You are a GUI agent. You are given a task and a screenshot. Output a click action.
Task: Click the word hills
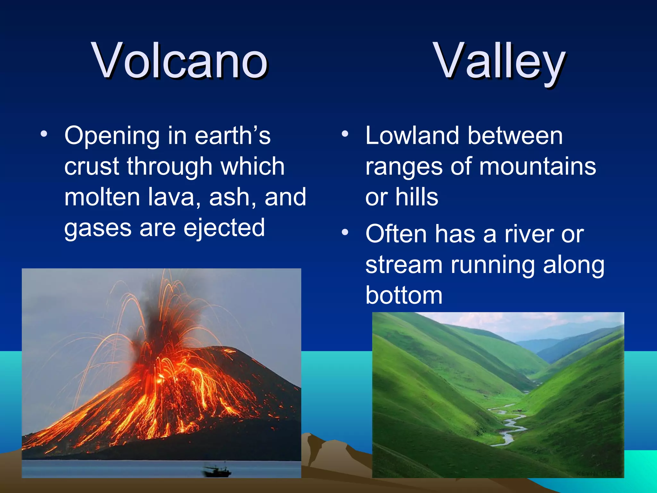click(416, 197)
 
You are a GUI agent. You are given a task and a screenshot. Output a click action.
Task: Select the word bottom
click(404, 295)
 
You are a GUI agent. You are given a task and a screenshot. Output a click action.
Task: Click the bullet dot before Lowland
click(345, 134)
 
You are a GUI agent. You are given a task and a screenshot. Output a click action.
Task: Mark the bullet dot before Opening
click(44, 134)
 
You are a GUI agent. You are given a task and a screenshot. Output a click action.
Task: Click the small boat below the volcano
click(217, 471)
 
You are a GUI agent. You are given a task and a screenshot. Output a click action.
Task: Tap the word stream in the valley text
click(404, 265)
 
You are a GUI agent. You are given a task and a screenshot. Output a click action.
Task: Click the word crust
click(92, 167)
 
